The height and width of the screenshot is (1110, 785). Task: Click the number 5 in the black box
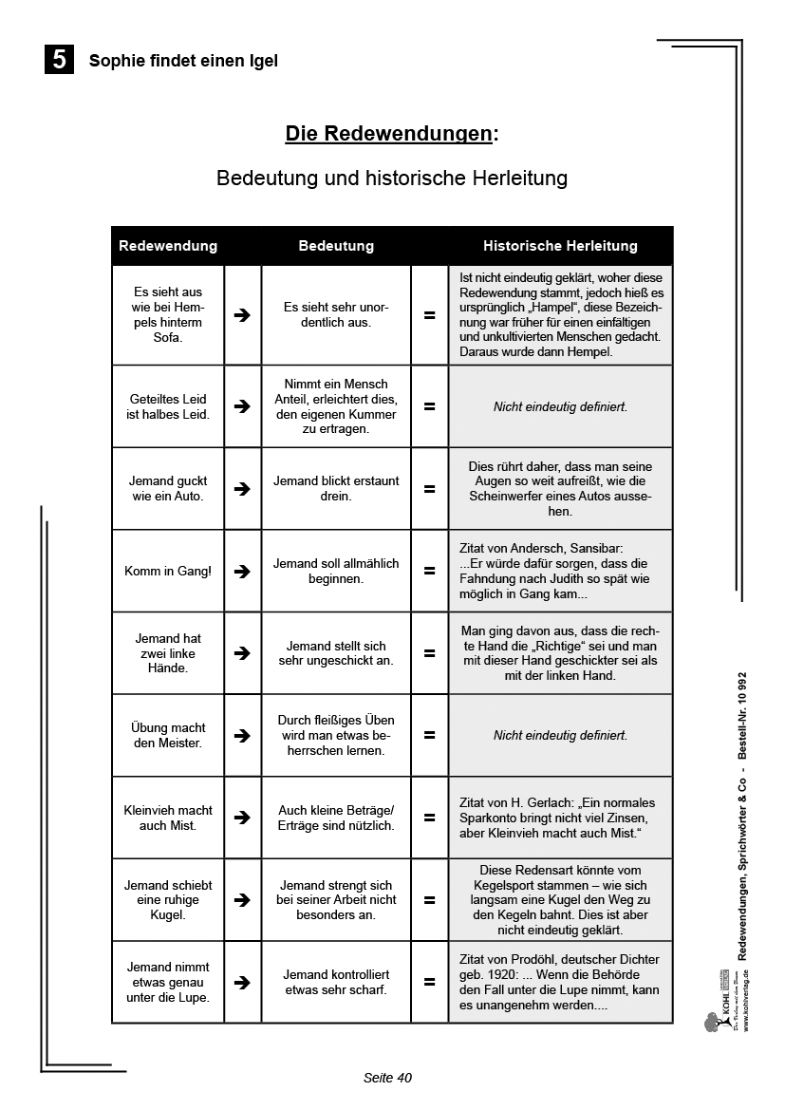[x=59, y=60]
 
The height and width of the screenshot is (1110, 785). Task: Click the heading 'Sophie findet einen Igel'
[x=183, y=61]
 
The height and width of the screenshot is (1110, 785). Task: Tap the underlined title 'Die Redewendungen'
[x=389, y=133]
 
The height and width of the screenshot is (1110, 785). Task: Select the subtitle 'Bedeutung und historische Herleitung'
[x=392, y=178]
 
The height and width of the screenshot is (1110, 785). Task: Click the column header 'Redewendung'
[x=168, y=246]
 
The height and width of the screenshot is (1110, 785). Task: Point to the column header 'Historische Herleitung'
[x=560, y=246]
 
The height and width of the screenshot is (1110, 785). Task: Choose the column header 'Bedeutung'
[x=336, y=246]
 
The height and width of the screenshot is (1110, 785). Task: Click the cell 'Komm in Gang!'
[x=168, y=571]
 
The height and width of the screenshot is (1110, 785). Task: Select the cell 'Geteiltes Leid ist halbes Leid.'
[x=168, y=406]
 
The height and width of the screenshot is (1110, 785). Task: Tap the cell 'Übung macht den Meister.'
[x=168, y=735]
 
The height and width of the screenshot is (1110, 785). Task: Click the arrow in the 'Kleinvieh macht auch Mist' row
[x=242, y=818]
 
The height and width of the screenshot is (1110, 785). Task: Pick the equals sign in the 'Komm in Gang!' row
[x=429, y=571]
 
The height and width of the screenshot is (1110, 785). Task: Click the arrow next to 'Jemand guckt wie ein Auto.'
[x=242, y=489]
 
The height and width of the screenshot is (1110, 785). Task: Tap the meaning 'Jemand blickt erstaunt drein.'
[x=336, y=489]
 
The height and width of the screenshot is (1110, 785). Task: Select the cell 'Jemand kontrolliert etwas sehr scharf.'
[x=336, y=982]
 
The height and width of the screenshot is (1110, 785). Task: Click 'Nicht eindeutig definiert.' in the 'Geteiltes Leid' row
[x=560, y=406]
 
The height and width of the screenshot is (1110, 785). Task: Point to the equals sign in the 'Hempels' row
[x=429, y=315]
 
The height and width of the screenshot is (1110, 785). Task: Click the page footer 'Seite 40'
[x=387, y=1078]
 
